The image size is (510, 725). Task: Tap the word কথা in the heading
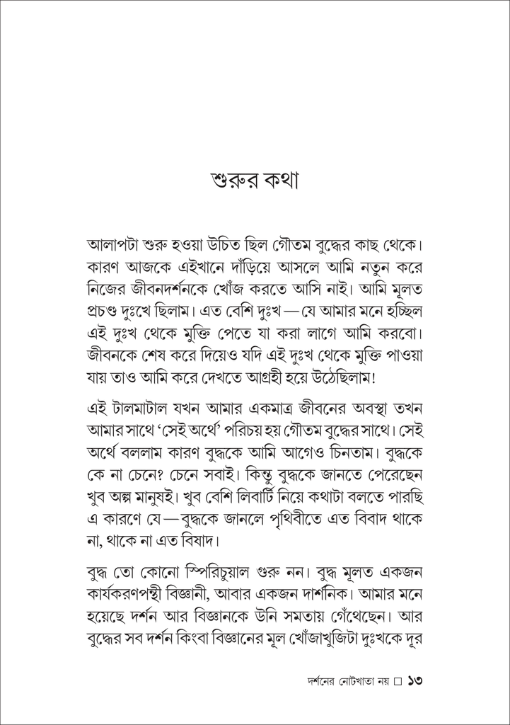[280, 182]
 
